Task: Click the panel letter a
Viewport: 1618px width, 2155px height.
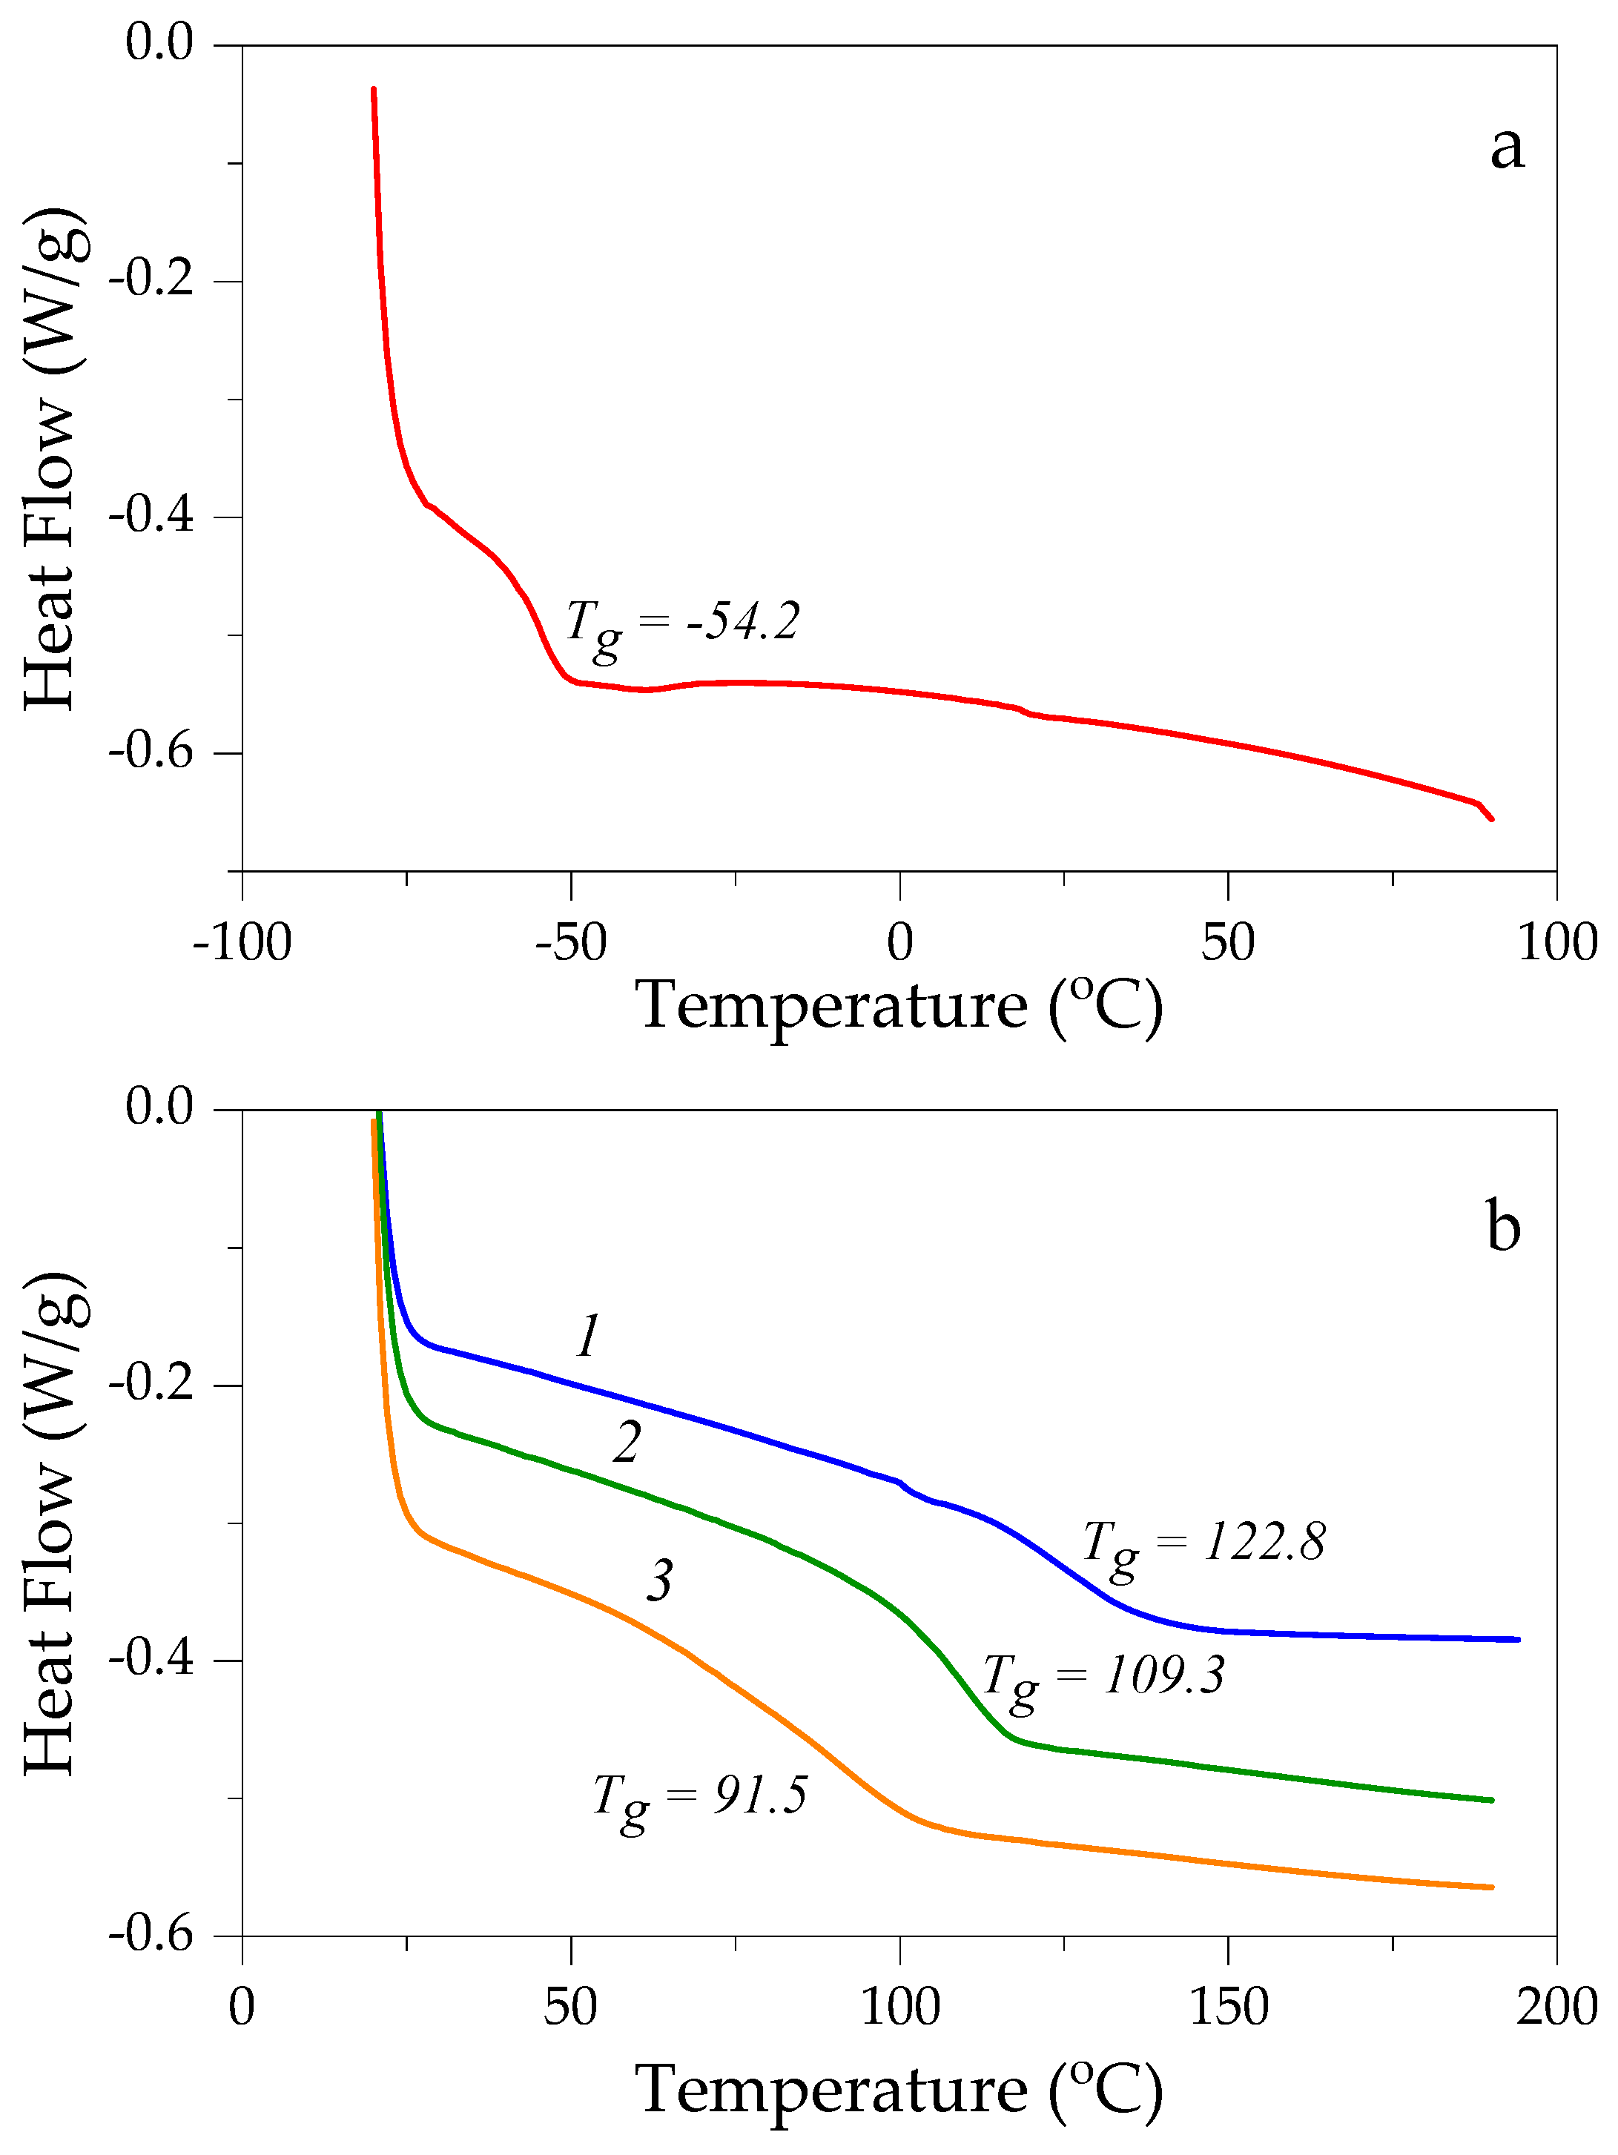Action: pyautogui.click(x=1506, y=148)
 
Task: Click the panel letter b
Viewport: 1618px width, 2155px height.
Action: pyautogui.click(x=1503, y=1227)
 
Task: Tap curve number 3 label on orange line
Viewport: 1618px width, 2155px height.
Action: pyautogui.click(x=660, y=1580)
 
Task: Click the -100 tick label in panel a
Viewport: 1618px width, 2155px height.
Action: pyautogui.click(x=242, y=943)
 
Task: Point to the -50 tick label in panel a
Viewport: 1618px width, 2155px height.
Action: pyautogui.click(x=570, y=943)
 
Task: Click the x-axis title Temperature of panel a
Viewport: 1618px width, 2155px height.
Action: pyautogui.click(x=899, y=1005)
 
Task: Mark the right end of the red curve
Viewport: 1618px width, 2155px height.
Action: pyautogui.click(x=1491, y=819)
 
